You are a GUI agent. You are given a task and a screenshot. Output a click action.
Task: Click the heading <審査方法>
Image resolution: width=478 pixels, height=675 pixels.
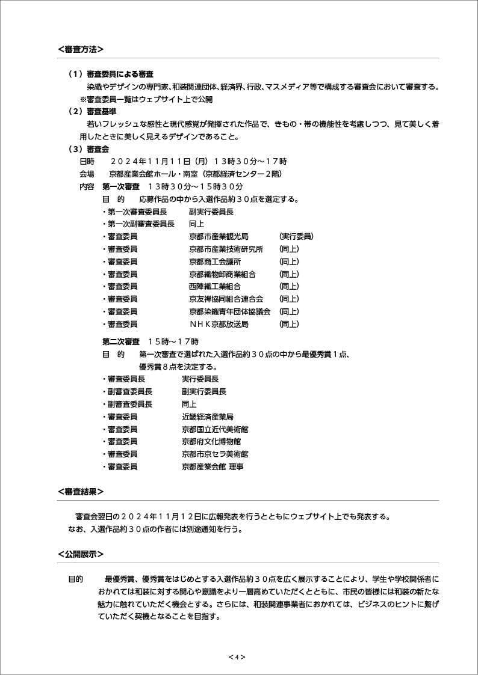(81, 49)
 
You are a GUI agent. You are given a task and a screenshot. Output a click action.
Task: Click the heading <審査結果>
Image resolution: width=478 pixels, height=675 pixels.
(81, 492)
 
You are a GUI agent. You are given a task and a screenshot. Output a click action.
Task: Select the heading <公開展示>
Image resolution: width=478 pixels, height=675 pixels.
(81, 554)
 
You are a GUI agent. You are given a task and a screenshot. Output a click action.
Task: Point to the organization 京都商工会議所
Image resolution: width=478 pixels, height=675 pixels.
(215, 261)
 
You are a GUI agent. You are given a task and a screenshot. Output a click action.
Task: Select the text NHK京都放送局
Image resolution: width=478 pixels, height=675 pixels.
(219, 324)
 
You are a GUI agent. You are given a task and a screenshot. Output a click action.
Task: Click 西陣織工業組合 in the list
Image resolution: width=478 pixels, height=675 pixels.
(215, 287)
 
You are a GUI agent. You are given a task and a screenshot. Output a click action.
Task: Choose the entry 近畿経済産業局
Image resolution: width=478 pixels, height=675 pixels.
(208, 417)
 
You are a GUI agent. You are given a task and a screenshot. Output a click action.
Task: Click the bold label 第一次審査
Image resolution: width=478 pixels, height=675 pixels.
(121, 186)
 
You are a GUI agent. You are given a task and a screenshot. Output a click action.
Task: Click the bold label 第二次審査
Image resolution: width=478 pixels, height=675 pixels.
(121, 341)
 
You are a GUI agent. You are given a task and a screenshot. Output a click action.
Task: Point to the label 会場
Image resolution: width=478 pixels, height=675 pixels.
(87, 174)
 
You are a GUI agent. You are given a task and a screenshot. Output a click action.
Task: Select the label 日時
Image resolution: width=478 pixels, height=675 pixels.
(87, 161)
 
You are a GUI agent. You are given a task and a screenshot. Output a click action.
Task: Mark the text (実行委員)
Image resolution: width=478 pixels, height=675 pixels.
(296, 236)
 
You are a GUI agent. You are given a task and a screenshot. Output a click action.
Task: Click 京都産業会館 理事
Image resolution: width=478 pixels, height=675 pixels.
(213, 466)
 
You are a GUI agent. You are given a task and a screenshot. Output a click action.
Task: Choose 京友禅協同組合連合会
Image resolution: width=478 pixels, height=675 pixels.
(226, 299)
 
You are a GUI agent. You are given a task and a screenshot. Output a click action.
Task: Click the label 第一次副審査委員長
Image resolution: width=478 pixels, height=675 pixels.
(141, 224)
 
